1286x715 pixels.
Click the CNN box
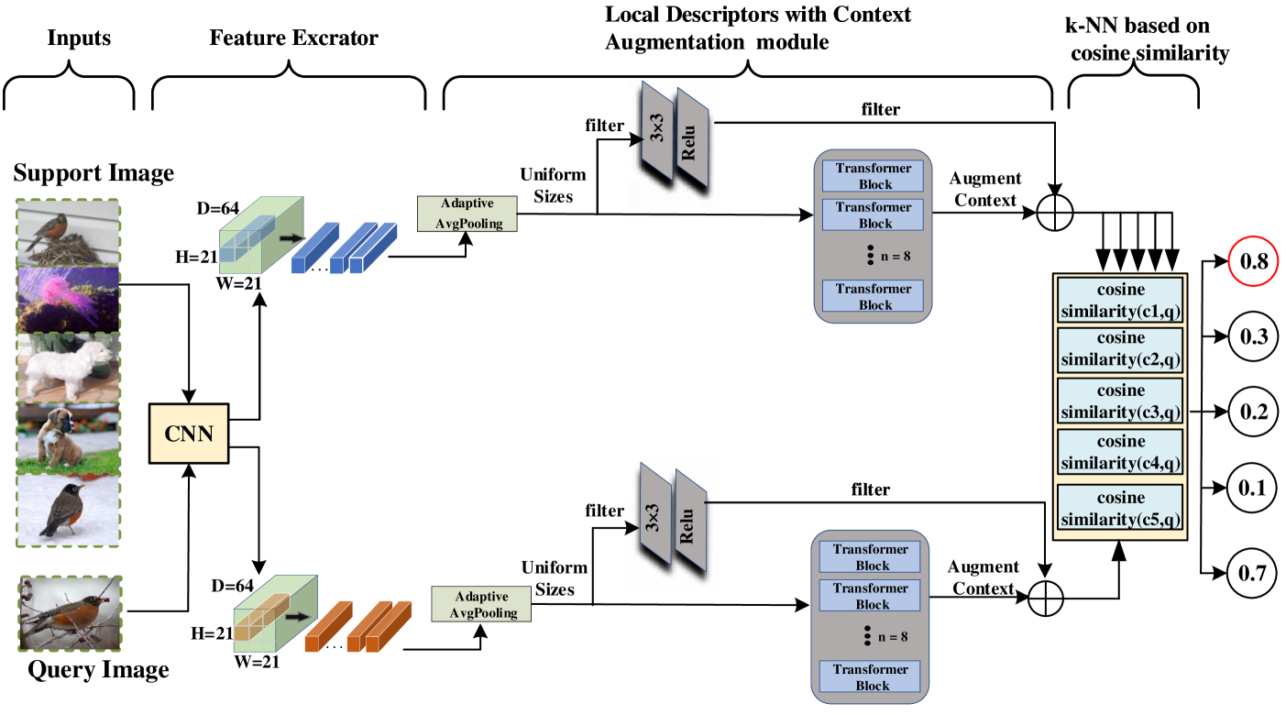tap(188, 434)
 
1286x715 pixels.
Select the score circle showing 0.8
tap(1252, 262)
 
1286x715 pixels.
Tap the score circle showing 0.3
tap(1252, 337)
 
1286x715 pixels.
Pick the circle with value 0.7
tap(1251, 574)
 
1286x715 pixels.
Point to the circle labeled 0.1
tap(1251, 488)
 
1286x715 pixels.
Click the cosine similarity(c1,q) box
tap(1119, 301)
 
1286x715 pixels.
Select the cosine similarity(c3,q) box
tap(1119, 401)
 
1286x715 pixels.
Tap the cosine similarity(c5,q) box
tap(1119, 509)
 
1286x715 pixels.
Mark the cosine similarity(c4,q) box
tap(1119, 452)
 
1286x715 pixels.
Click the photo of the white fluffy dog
tap(69, 368)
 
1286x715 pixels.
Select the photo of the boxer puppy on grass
tap(69, 437)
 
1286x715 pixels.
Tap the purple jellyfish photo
tap(69, 300)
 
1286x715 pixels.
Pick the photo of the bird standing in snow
tap(69, 509)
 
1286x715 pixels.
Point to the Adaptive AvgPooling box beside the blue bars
tap(467, 214)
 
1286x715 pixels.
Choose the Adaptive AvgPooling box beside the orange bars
tap(481, 605)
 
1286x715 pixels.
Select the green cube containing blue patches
tap(260, 236)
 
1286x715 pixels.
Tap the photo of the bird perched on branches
tap(70, 613)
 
